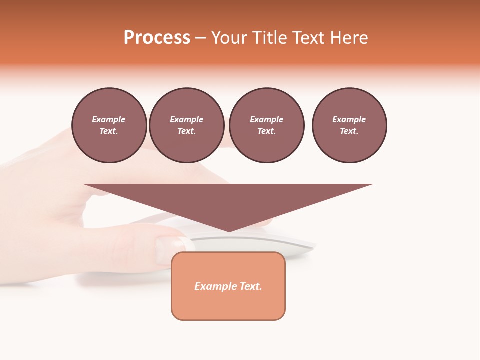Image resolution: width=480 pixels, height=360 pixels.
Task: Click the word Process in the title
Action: [157, 38]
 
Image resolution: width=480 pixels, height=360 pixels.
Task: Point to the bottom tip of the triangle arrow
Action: [229, 231]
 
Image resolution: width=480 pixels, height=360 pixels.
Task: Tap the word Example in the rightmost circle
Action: [349, 119]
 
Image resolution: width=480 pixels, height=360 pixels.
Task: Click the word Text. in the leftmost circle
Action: [109, 131]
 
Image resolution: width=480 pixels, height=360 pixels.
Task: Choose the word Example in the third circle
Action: [266, 119]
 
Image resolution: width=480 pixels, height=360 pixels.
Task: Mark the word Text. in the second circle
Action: [186, 131]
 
